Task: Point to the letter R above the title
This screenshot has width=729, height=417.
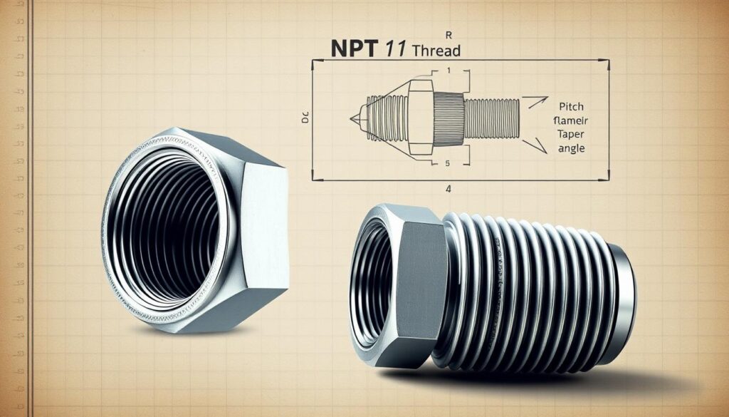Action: pyautogui.click(x=447, y=34)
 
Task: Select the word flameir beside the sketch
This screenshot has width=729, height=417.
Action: pyautogui.click(x=567, y=121)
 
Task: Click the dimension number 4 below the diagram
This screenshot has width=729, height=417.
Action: pyautogui.click(x=449, y=190)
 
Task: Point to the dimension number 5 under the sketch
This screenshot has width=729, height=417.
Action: pyautogui.click(x=446, y=164)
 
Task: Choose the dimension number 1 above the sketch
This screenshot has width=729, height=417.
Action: pyautogui.click(x=449, y=71)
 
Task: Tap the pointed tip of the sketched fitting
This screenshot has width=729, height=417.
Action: pyautogui.click(x=352, y=117)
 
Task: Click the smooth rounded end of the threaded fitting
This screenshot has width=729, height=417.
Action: pyautogui.click(x=624, y=299)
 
